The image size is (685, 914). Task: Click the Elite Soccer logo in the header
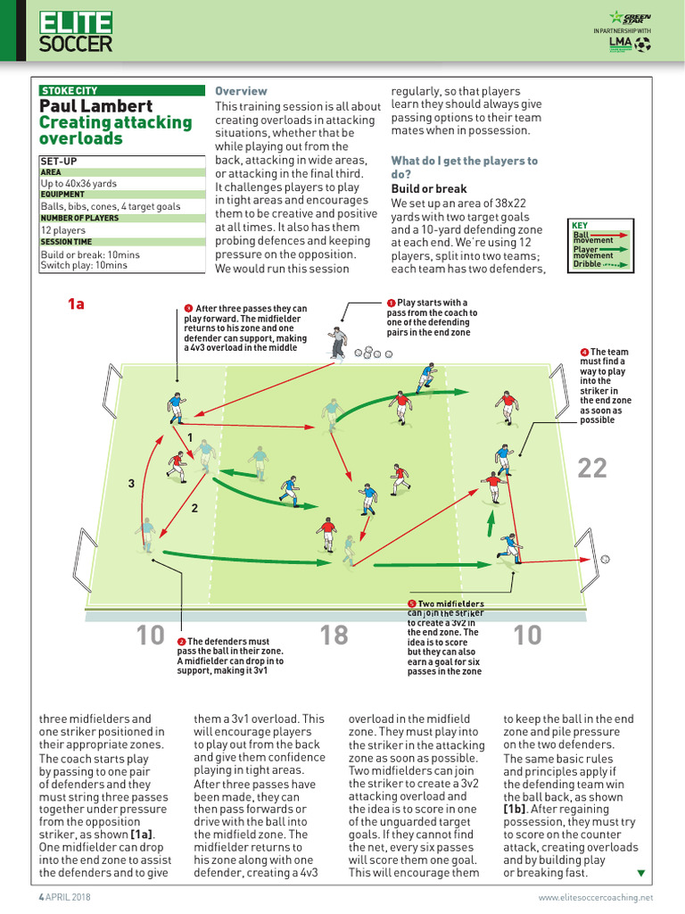click(x=76, y=32)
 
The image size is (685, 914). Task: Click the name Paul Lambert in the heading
click(x=96, y=106)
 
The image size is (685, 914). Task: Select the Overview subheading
click(x=241, y=91)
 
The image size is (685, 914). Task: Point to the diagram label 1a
click(x=76, y=304)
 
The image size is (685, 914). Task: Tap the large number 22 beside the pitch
click(x=592, y=467)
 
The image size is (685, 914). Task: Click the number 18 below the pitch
click(x=334, y=635)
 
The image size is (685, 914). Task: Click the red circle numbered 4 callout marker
click(x=583, y=353)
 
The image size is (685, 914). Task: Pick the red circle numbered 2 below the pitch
click(x=181, y=642)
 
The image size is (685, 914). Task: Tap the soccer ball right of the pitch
click(x=606, y=559)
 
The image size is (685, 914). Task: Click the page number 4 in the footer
click(x=40, y=896)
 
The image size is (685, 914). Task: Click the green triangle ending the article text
click(x=640, y=872)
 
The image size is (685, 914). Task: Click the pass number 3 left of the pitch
click(x=130, y=484)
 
